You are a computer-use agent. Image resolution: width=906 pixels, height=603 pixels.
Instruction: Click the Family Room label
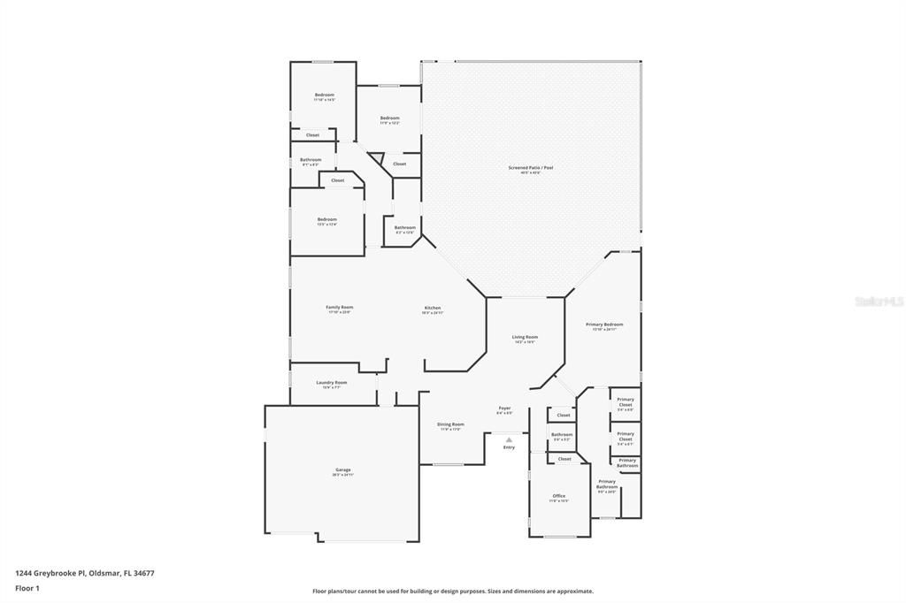pyautogui.click(x=339, y=308)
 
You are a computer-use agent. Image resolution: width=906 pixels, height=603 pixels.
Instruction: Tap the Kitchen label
pyautogui.click(x=432, y=308)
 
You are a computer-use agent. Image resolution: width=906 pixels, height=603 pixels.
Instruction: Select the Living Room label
pyautogui.click(x=525, y=337)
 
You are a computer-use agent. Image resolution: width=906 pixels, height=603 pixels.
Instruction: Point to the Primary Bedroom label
pyautogui.click(x=604, y=324)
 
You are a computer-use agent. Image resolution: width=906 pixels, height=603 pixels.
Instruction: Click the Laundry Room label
pyautogui.click(x=332, y=383)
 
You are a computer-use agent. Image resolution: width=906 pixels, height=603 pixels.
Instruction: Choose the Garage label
pyautogui.click(x=342, y=469)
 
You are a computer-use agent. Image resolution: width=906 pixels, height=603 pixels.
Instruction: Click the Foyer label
pyautogui.click(x=504, y=408)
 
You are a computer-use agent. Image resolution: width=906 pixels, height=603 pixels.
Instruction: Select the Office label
pyautogui.click(x=558, y=496)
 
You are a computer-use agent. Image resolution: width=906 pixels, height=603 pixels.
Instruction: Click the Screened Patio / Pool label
pyautogui.click(x=531, y=167)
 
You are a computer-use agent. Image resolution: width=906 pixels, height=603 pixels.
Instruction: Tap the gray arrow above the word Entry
pyautogui.click(x=509, y=439)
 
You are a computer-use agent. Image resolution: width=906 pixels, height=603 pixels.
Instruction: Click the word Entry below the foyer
pyautogui.click(x=509, y=447)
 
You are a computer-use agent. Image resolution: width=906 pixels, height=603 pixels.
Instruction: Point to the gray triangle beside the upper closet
pyautogui.click(x=376, y=158)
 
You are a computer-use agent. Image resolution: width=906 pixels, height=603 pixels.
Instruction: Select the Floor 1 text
pyautogui.click(x=27, y=588)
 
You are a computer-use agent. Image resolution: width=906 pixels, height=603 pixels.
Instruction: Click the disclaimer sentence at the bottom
pyautogui.click(x=452, y=592)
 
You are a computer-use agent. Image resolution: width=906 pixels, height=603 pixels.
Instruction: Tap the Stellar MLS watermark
pyautogui.click(x=879, y=301)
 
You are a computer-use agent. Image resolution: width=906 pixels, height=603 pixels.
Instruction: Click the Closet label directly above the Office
pyautogui.click(x=564, y=459)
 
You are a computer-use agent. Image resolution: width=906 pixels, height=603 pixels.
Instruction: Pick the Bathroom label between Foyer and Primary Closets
pyautogui.click(x=562, y=434)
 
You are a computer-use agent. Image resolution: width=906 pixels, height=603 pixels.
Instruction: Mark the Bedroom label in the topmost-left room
pyautogui.click(x=325, y=95)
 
